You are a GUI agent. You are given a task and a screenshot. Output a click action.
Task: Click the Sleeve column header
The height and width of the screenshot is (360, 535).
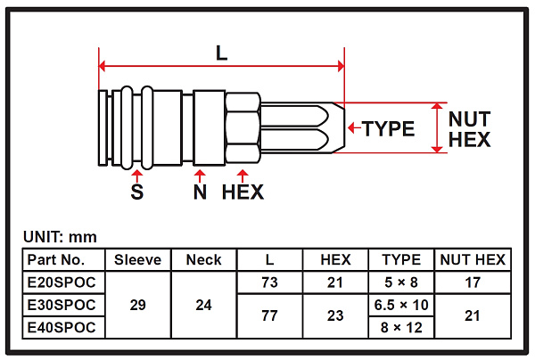coord(138,260)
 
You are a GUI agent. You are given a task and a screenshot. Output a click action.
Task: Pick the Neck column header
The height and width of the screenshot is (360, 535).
coord(203,260)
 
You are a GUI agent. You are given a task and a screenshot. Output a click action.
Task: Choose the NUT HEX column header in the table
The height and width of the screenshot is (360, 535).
coord(472,260)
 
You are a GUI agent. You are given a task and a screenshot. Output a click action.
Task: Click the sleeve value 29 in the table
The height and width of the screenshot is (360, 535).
coord(138,305)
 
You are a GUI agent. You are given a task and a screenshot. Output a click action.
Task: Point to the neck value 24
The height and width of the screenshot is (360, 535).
coord(203,305)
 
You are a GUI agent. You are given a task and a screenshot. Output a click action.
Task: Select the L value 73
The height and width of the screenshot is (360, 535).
coord(268,282)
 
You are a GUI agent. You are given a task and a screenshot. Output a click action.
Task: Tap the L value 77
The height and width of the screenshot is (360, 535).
coord(268,315)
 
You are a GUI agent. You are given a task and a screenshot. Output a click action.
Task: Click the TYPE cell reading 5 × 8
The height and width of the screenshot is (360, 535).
coord(400,282)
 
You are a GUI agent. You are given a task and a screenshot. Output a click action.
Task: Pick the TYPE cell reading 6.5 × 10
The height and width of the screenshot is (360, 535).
coord(400,305)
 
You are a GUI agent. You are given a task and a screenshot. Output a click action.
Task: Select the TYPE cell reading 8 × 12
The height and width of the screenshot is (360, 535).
coord(400,327)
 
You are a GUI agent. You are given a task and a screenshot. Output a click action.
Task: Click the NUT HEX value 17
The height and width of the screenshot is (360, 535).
coord(472,282)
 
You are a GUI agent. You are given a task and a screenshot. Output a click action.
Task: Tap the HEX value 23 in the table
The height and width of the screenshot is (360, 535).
coord(334,315)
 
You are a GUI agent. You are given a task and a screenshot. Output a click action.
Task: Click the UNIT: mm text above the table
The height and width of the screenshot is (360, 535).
coord(59,237)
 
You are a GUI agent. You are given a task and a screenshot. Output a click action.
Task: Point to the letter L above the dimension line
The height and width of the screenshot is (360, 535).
coord(221,52)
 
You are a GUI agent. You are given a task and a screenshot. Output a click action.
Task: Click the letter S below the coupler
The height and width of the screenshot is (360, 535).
coord(136,192)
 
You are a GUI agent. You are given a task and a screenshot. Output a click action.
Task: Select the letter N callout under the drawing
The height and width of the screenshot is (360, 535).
coord(201,192)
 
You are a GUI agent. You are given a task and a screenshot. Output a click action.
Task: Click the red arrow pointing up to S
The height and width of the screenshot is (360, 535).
coord(136,174)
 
